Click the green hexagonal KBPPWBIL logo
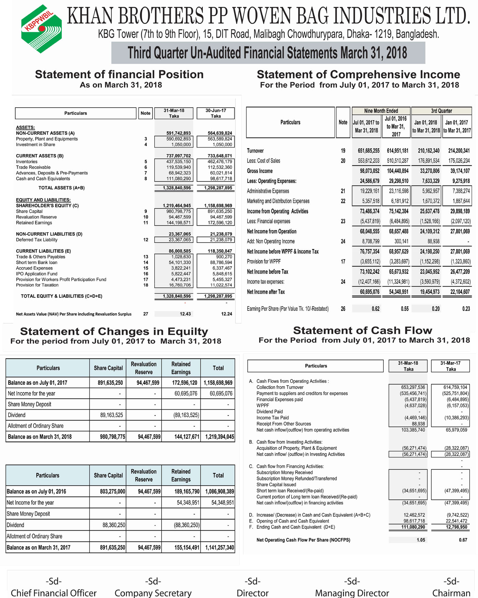[x=41, y=29]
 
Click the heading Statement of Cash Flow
[x=363, y=330]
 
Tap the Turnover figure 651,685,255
[x=369, y=151]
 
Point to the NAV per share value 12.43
[x=185, y=314]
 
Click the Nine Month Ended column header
[x=381, y=111]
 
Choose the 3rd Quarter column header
[x=441, y=111]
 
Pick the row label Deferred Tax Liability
[x=37, y=240]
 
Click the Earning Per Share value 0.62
[x=376, y=309]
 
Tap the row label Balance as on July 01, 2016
[x=37, y=491]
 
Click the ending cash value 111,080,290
[x=413, y=527]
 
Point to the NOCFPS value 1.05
[x=421, y=540]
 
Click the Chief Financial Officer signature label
[x=54, y=593]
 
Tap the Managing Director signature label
[x=352, y=593]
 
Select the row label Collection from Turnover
[x=280, y=387]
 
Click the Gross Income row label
[x=260, y=171]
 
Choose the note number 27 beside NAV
[x=146, y=314]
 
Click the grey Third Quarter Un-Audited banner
[x=268, y=53]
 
